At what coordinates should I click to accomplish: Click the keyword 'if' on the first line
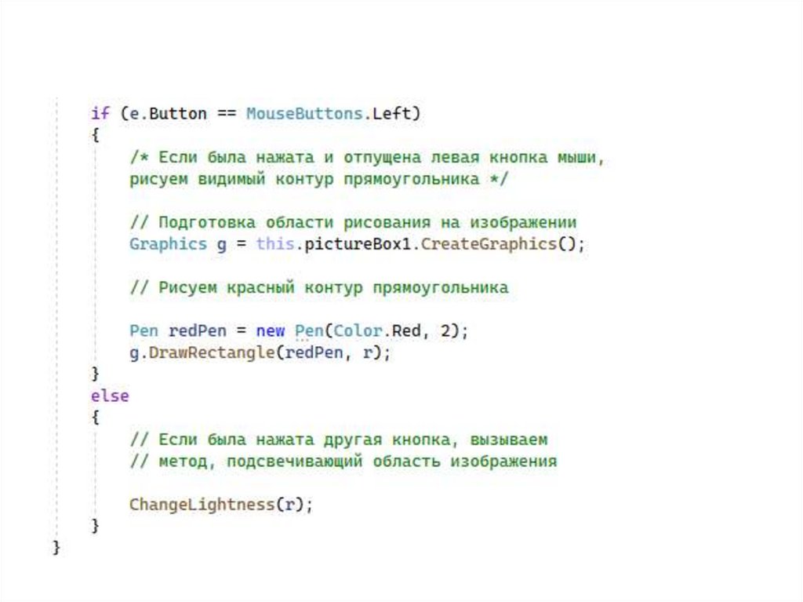tap(100, 113)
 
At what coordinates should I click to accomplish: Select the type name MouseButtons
tap(304, 113)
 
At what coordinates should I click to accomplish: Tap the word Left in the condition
tap(391, 113)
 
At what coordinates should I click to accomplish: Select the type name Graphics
tap(168, 243)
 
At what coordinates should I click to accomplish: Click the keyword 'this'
tap(274, 243)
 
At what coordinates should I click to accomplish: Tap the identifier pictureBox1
tap(358, 243)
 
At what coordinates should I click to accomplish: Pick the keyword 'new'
tap(271, 330)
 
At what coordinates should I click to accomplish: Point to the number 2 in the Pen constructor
tap(445, 330)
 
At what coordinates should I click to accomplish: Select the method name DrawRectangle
tap(211, 352)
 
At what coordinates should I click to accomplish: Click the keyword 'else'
tap(110, 396)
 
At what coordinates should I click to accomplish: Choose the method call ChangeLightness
tap(202, 504)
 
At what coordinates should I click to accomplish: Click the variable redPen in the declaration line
tap(197, 330)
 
